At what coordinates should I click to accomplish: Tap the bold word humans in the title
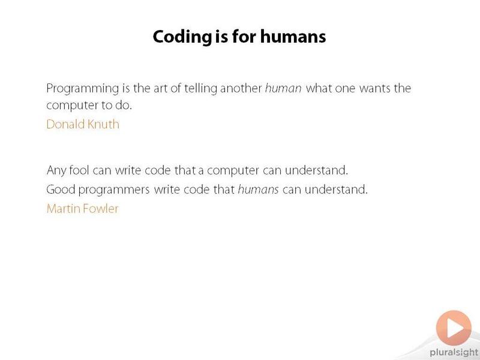click(293, 37)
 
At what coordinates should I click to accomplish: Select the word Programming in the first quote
click(82, 89)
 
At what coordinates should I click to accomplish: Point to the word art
click(160, 88)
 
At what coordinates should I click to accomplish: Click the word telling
click(201, 89)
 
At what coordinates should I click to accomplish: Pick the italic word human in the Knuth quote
click(283, 88)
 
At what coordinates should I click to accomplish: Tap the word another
click(241, 88)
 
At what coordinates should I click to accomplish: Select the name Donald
click(65, 124)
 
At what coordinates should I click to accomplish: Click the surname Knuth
click(103, 124)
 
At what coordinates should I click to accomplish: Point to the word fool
click(79, 170)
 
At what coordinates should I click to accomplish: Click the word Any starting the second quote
click(56, 171)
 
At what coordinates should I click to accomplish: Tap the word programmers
click(114, 190)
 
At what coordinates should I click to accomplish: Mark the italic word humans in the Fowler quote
click(259, 189)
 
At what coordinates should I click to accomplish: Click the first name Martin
click(64, 209)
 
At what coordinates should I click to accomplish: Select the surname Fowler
click(101, 209)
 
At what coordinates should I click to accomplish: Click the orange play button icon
click(454, 328)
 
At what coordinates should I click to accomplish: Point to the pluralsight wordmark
click(454, 353)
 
